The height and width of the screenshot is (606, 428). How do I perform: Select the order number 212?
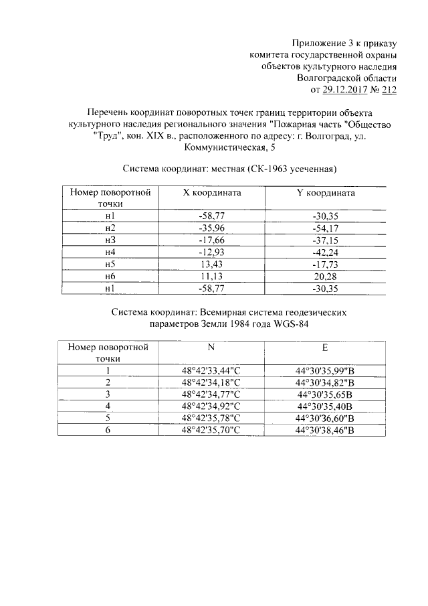pyautogui.click(x=387, y=90)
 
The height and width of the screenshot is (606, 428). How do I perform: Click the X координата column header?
pyautogui.click(x=211, y=193)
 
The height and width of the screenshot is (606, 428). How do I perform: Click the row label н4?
pyautogui.click(x=110, y=252)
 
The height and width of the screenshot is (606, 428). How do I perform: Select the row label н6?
pyautogui.click(x=110, y=277)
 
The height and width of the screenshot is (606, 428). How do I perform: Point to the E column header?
pyautogui.click(x=325, y=347)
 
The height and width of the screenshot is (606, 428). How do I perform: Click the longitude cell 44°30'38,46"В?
pyautogui.click(x=325, y=430)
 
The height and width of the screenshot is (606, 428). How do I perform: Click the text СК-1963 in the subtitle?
pyautogui.click(x=267, y=167)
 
